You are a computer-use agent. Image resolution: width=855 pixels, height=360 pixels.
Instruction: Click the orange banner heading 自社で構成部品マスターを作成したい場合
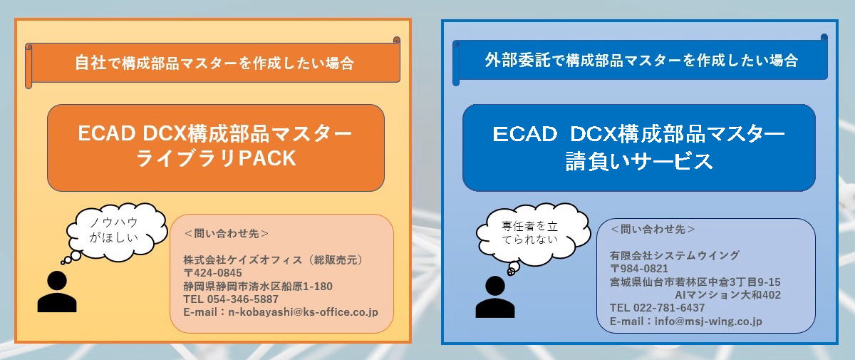click(x=214, y=63)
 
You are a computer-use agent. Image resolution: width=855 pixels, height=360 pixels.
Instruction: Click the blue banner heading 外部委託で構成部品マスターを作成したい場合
click(x=641, y=61)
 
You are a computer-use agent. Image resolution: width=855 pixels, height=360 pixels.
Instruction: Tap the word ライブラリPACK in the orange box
click(x=216, y=158)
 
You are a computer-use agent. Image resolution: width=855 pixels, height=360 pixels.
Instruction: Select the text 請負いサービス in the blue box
click(x=639, y=160)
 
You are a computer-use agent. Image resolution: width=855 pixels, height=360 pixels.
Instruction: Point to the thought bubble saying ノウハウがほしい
click(x=115, y=232)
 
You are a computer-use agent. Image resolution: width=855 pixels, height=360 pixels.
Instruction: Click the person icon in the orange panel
click(x=57, y=292)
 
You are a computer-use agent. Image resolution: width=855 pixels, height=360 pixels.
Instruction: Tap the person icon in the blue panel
click(x=495, y=297)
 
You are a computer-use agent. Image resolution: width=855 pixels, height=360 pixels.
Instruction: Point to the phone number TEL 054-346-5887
click(x=231, y=299)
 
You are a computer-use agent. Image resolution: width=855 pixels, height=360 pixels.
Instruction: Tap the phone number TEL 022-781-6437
click(x=657, y=308)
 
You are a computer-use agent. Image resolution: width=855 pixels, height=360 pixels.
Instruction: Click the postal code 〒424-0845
click(x=212, y=273)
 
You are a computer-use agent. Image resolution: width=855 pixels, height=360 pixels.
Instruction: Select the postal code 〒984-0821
click(x=639, y=269)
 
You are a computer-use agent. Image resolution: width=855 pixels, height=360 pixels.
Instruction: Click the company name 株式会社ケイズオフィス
click(x=243, y=260)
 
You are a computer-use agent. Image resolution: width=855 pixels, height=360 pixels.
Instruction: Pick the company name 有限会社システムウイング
click(x=675, y=255)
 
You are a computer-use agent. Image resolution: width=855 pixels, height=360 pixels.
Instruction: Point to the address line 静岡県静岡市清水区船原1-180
click(x=258, y=287)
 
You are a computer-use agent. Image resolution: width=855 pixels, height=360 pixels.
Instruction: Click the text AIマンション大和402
click(x=728, y=294)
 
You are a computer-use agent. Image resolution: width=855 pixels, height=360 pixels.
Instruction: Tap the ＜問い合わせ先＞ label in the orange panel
click(x=227, y=234)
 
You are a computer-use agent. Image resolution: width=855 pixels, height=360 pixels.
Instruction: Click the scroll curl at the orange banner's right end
click(x=397, y=40)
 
